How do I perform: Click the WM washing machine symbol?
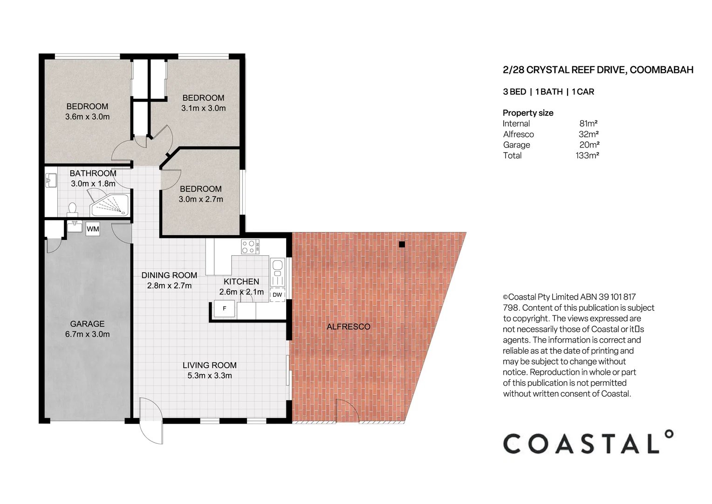click(93, 229)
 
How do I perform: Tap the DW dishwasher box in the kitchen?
click(277, 294)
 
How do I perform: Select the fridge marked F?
click(224, 308)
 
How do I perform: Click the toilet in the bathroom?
click(72, 208)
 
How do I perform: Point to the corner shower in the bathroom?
click(111, 205)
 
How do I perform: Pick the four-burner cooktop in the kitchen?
click(250, 246)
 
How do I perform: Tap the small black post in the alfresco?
click(402, 244)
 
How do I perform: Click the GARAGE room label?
click(87, 323)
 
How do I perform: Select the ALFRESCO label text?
click(348, 327)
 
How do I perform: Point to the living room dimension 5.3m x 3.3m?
click(209, 376)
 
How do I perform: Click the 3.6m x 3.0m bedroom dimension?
click(87, 117)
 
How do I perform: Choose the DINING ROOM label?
click(169, 275)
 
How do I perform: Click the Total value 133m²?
click(587, 155)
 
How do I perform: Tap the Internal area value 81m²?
click(588, 124)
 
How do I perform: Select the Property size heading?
click(528, 113)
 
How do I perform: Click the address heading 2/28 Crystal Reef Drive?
click(598, 70)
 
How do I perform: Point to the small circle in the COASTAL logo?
click(669, 434)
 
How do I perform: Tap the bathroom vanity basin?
click(51, 180)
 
